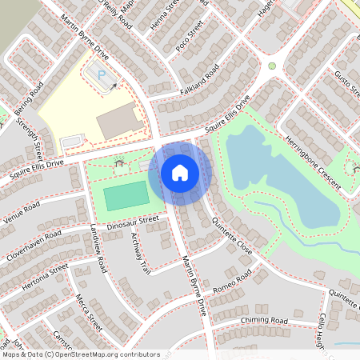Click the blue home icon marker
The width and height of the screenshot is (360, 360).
coord(180,173)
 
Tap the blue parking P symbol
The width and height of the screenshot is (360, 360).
coord(102,74)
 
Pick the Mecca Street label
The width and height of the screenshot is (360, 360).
coord(90,313)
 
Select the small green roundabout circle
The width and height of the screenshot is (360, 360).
coord(272,66)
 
